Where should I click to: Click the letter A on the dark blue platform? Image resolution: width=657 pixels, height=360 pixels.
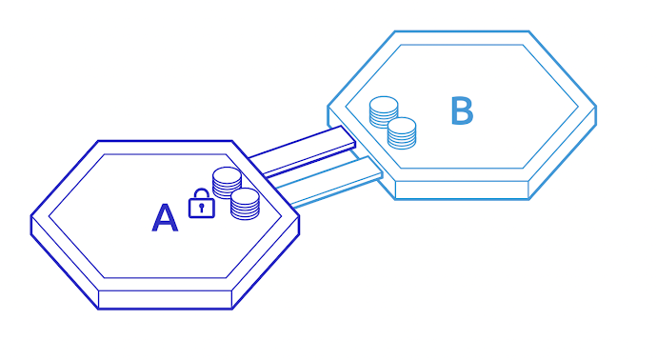[165, 218]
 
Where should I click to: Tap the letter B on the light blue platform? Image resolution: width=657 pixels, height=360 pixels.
[462, 111]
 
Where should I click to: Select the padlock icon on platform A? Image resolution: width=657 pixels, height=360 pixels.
[200, 204]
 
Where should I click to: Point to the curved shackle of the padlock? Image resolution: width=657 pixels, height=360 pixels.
[200, 194]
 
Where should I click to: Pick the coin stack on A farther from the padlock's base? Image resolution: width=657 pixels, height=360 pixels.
[227, 181]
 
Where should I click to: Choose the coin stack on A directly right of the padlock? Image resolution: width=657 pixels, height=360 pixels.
[245, 204]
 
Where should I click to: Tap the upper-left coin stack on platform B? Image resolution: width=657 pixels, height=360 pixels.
[384, 111]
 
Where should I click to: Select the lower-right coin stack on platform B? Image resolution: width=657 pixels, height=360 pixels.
[402, 132]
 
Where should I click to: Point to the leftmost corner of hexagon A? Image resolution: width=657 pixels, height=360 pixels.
[31, 216]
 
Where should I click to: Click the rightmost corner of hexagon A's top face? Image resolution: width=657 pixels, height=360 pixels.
[299, 216]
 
